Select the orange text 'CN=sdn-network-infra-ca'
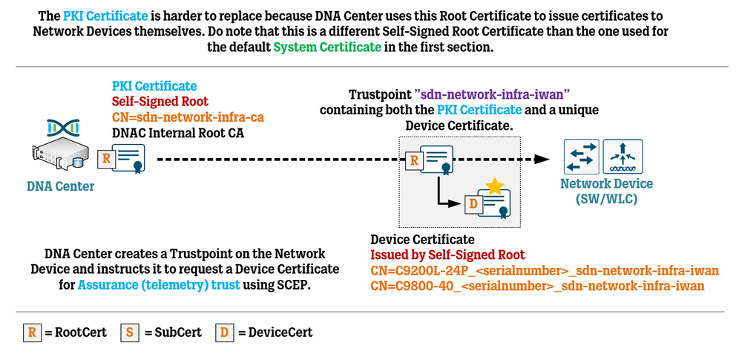pos(188,117)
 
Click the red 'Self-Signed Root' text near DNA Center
pos(160,102)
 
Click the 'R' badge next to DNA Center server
pos(106,158)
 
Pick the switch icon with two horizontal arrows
pos(581,157)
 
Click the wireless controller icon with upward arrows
pos(623,157)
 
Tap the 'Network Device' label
pos(606,184)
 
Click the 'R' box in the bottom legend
pos(31,332)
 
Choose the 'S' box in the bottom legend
pos(129,332)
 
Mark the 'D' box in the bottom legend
pos(224,332)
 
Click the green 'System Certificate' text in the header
pos(327,47)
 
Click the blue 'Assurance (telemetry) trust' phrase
pos(158,284)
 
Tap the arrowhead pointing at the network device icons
pos(545,158)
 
